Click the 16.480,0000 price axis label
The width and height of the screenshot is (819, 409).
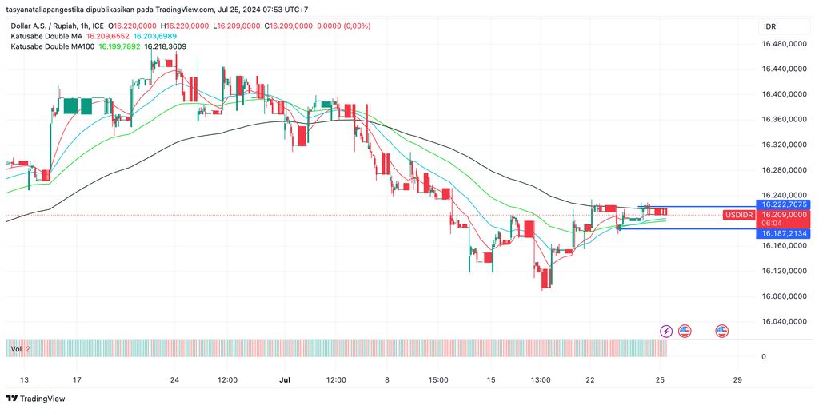pos(784,44)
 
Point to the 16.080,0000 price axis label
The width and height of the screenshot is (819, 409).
pos(784,296)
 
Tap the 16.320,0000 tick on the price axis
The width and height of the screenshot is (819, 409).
pos(784,145)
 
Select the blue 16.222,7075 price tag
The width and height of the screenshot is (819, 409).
pos(784,205)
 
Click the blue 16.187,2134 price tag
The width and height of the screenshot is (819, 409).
pos(784,232)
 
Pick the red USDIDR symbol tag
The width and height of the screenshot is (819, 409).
pos(739,215)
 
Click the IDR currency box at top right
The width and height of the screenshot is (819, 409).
pos(770,26)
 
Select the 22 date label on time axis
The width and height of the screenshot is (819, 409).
pos(590,379)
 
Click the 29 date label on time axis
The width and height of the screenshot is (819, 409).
pos(737,379)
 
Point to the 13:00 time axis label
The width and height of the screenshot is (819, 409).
pos(541,379)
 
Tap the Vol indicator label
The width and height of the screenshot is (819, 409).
pos(15,349)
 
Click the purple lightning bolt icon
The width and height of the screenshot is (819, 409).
pos(666,331)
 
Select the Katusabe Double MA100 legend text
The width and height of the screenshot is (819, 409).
pos(53,46)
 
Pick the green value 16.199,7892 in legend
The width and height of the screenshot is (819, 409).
pos(119,46)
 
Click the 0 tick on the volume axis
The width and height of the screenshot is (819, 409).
pos(764,356)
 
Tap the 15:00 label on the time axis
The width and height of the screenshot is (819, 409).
pos(438,379)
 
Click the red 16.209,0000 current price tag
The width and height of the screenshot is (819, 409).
pos(784,215)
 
